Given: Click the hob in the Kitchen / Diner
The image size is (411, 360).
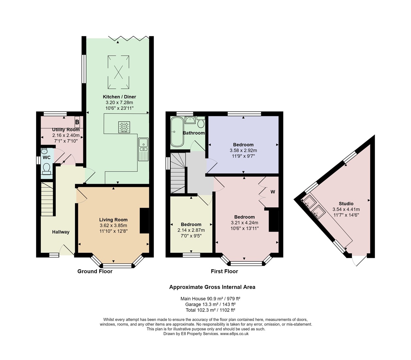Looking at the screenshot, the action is click(124, 127).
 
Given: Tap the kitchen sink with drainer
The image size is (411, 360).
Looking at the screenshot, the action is click(143, 149).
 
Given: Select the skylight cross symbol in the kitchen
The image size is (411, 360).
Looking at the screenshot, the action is click(118, 72).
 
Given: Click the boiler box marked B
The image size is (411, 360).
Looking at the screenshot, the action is click(77, 122).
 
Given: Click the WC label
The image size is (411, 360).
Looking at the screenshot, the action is click(46, 158).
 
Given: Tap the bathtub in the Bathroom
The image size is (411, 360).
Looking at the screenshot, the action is click(177, 132).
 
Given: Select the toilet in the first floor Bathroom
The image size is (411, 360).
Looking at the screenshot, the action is click(201, 122).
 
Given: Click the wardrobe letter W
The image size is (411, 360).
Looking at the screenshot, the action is click(273, 192).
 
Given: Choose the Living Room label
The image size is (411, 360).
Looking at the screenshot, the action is click(113, 220).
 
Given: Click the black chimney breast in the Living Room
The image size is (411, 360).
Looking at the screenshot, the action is click(144, 221).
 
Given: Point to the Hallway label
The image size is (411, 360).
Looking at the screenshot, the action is click(61, 232).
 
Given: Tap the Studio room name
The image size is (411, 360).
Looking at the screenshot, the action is click(346, 203).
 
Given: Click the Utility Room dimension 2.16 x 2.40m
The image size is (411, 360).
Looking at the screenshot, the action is click(66, 135).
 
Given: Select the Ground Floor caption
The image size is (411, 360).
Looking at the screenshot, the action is click(95, 271).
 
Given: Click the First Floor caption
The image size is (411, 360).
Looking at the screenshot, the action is click(224, 271).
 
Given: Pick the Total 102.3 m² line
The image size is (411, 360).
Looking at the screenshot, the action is click(210, 310).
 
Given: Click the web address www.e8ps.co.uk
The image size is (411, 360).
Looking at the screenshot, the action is click(234, 334).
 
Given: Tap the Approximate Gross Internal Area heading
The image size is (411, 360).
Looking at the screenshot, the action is click(212, 287).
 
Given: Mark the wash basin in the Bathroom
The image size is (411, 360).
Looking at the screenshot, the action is click(190, 120).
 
